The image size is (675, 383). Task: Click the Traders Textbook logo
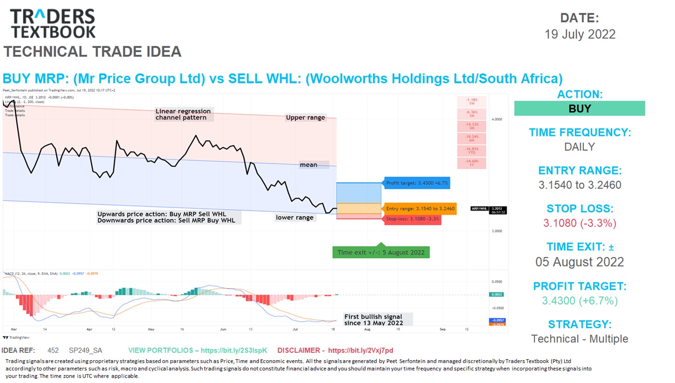[53, 23]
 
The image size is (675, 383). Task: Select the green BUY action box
[579, 108]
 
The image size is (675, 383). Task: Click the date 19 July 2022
[580, 34]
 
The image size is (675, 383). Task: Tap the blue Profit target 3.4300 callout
[416, 183]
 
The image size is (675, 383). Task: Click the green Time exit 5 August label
[381, 252]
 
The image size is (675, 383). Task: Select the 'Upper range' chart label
[306, 117]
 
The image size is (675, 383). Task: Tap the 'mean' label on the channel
[308, 165]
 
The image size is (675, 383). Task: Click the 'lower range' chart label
[294, 217]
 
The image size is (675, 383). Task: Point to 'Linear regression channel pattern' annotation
[183, 114]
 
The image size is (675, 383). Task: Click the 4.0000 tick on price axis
[497, 119]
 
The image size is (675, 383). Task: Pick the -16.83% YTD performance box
[472, 151]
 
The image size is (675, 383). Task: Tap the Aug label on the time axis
[367, 329]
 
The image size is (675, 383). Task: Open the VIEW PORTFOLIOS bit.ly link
[198, 350]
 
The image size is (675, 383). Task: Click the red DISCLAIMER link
[335, 350]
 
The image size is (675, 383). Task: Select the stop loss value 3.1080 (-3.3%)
[580, 223]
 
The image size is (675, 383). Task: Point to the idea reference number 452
[53, 350]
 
